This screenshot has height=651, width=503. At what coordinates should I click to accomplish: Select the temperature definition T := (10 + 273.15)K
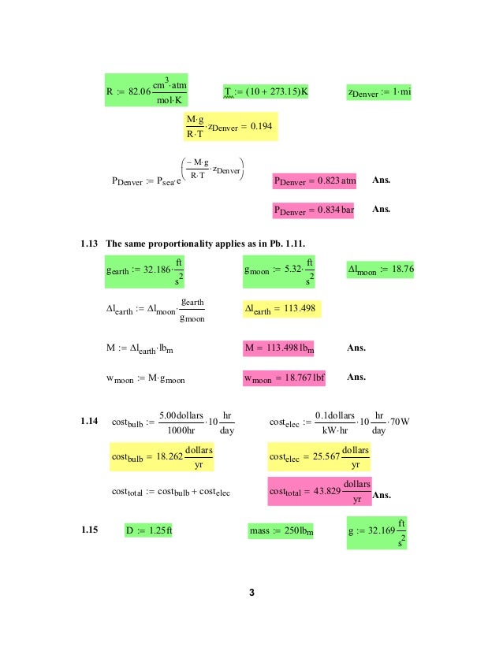265,92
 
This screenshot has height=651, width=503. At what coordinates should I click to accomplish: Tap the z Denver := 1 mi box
379,93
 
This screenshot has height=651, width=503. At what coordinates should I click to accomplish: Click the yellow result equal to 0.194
229,125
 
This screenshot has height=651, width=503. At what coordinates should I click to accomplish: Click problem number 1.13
89,241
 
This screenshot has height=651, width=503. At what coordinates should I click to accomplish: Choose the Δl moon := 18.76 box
381,270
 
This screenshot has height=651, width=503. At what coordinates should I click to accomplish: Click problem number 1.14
89,422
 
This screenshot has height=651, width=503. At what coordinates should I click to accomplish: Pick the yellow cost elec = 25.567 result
319,457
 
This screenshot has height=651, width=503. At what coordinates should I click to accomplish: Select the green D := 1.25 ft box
149,530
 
